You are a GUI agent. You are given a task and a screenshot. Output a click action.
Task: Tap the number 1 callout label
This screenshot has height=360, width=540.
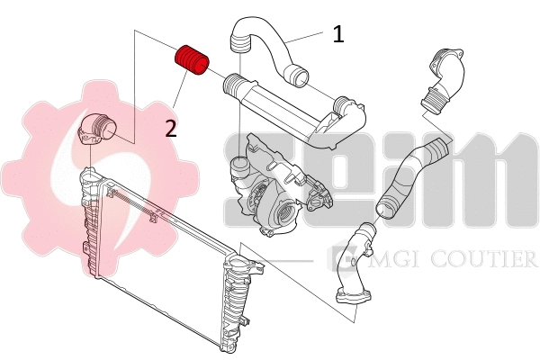point(337,35)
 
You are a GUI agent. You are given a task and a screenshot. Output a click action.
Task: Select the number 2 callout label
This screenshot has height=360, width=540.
point(171,128)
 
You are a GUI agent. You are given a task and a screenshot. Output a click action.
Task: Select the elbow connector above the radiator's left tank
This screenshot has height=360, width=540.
point(95,129)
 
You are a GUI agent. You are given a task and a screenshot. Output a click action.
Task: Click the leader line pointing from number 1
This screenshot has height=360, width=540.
point(306,37)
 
